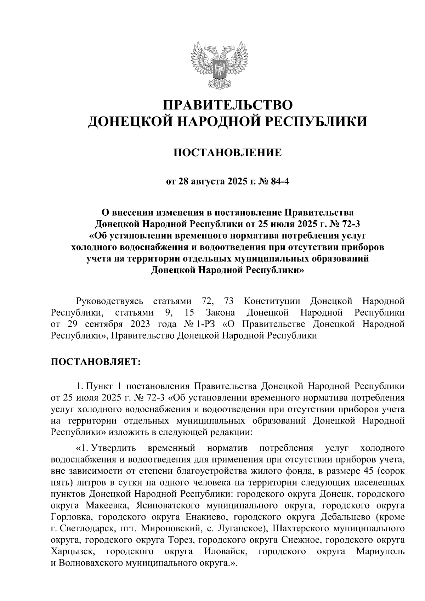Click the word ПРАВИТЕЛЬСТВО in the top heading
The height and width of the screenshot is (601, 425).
[228, 105]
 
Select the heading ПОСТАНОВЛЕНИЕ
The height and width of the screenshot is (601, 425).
[227, 153]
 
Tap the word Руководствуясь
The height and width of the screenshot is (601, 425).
[109, 301]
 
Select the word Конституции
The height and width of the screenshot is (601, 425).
[272, 301]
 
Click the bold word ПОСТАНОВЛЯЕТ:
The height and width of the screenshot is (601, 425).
[96, 362]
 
